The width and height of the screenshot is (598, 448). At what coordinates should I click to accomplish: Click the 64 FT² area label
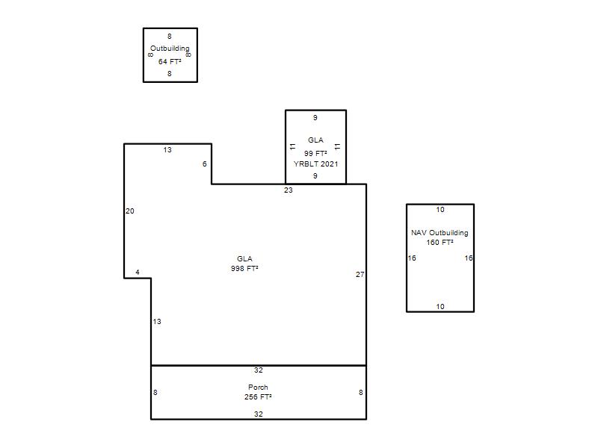pyautogui.click(x=170, y=61)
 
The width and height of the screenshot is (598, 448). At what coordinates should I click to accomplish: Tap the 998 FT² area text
pyautogui.click(x=244, y=269)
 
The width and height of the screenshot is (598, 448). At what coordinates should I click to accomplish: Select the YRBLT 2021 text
pyautogui.click(x=315, y=164)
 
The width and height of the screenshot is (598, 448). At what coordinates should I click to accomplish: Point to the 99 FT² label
pyautogui.click(x=315, y=153)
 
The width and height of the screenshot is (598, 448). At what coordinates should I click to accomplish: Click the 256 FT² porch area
pyautogui.click(x=258, y=397)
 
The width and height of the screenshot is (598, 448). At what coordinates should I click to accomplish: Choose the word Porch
pyautogui.click(x=258, y=387)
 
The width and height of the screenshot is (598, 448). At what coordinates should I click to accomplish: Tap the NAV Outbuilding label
pyautogui.click(x=440, y=233)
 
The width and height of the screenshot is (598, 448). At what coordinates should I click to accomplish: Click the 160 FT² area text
pyautogui.click(x=440, y=242)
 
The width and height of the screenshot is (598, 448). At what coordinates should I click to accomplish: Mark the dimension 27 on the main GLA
pyautogui.click(x=360, y=274)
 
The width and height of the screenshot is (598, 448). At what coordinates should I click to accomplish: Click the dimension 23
pyautogui.click(x=289, y=190)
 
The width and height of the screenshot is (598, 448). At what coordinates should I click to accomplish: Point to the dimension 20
pyautogui.click(x=130, y=211)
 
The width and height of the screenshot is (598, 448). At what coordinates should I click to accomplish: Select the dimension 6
pyautogui.click(x=204, y=164)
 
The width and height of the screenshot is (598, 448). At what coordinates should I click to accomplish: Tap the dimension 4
pyautogui.click(x=138, y=272)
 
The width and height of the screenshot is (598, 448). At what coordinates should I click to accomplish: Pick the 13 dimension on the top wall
pyautogui.click(x=167, y=150)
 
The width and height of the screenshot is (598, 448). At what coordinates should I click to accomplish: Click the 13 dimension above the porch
pyautogui.click(x=157, y=322)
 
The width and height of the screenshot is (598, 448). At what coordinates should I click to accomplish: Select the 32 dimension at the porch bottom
pyautogui.click(x=258, y=414)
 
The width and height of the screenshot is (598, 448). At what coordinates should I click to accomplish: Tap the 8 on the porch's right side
pyautogui.click(x=361, y=393)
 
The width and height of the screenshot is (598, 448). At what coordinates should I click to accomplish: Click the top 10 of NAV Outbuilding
pyautogui.click(x=440, y=210)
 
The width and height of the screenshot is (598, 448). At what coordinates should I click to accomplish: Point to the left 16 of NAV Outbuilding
pyautogui.click(x=412, y=258)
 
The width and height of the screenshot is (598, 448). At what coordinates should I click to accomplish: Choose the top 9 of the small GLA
pyautogui.click(x=315, y=118)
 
